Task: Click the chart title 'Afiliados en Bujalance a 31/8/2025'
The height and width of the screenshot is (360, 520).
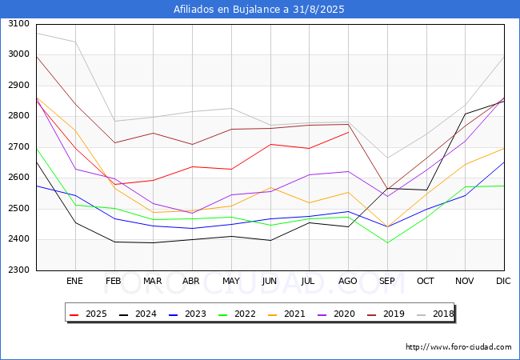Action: [260, 10]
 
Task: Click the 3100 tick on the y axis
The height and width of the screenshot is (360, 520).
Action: [18, 24]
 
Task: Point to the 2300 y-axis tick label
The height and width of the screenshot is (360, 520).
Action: [18, 270]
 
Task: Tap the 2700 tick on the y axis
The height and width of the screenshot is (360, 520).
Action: [18, 147]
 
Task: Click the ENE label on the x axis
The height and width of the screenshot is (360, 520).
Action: [74, 282]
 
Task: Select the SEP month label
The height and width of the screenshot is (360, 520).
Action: [387, 282]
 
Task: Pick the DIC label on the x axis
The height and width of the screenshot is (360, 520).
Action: [504, 282]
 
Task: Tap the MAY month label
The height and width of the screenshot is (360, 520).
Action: [230, 282]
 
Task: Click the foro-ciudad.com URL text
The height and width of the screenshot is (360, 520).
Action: [458, 347]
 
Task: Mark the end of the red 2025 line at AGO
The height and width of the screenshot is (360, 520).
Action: [348, 132]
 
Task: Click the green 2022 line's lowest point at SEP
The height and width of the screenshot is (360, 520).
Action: [387, 242]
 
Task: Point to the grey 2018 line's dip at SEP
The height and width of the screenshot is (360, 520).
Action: [387, 158]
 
